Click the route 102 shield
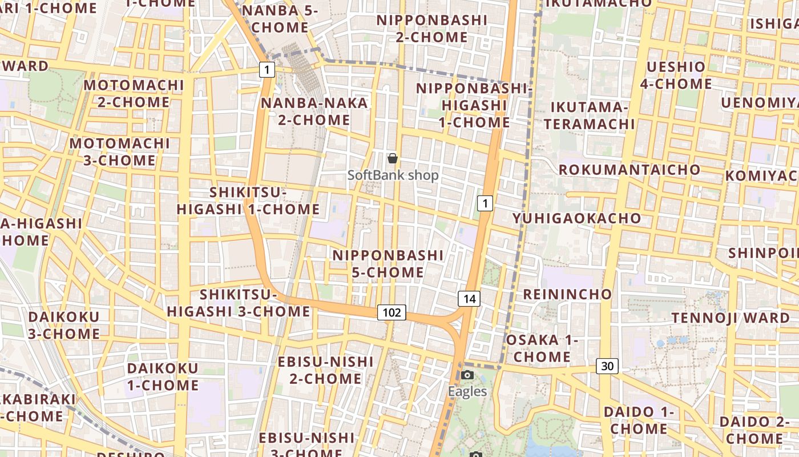coord(392,312)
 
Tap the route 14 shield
coord(469,298)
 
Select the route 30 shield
coord(607,366)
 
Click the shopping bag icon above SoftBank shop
coord(393,158)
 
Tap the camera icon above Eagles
coord(467,375)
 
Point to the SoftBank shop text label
coord(393,175)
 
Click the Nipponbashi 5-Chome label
coord(388,264)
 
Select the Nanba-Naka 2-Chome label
coord(314,111)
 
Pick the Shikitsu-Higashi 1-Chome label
coord(248,201)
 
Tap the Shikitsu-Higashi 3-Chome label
coord(239,303)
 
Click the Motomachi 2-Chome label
coord(134,94)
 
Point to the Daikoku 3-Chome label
coord(64,325)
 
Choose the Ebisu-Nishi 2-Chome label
coord(325,370)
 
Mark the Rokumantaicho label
coord(629,170)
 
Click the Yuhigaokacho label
coord(576,218)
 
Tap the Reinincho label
coord(567,294)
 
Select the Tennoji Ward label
coord(730,318)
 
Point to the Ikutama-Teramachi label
coord(589,115)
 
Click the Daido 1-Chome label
coord(639,420)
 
